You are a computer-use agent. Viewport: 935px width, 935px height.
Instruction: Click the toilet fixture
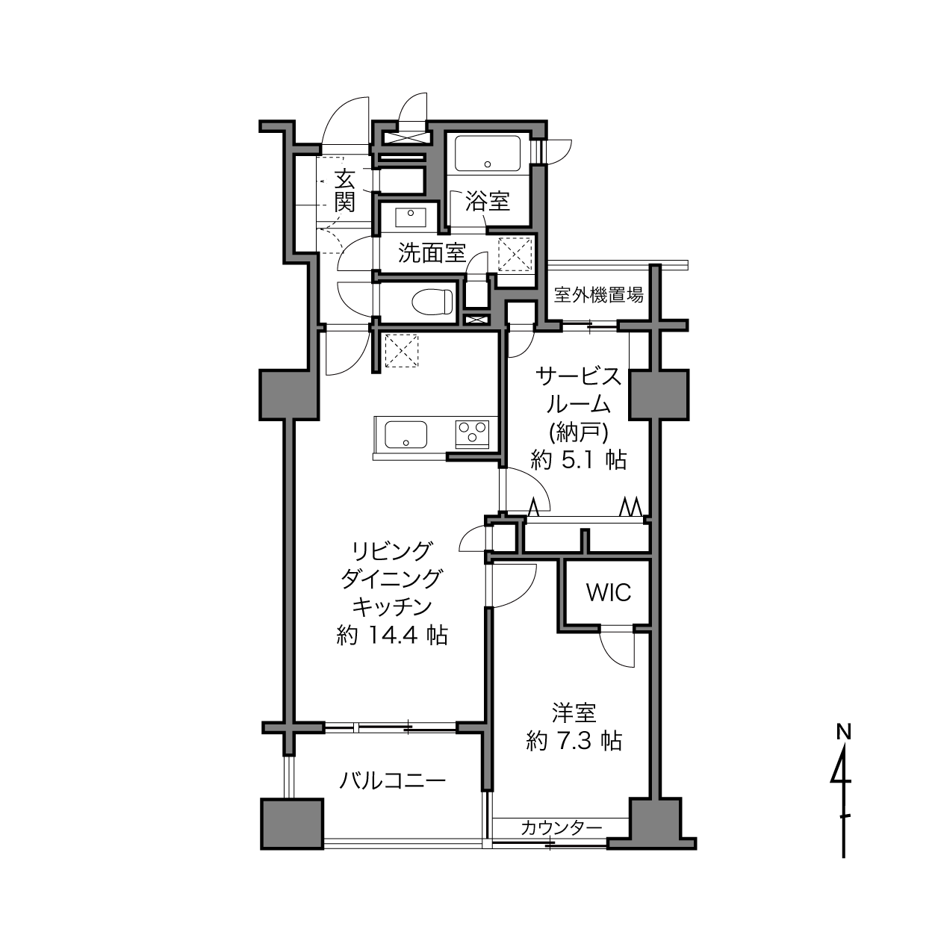pos(432,302)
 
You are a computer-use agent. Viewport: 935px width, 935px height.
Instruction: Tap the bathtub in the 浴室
pos(488,153)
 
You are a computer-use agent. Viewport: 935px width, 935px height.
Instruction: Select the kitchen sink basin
pos(406,434)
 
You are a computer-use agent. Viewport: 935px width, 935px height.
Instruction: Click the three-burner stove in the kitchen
pos(472,434)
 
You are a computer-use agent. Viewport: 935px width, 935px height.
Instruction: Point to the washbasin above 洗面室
pos(411,217)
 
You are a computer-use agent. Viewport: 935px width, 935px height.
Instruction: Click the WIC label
pos(609,592)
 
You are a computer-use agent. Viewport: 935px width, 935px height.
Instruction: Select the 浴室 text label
pos(487,202)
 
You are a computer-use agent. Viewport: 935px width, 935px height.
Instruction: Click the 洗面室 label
pos(432,252)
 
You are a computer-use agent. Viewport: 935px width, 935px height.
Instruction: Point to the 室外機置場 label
pos(599,294)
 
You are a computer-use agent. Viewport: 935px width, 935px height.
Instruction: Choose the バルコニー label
pos(391,780)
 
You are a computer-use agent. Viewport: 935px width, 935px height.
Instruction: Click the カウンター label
pos(562,827)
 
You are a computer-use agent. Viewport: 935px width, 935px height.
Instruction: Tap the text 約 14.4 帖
pos(391,635)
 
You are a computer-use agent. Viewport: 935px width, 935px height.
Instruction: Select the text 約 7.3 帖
pos(574,741)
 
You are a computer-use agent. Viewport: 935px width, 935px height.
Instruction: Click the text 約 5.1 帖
pos(578,459)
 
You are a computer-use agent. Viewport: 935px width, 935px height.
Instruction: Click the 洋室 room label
pos(574,712)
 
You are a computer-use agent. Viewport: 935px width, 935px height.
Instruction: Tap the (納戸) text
pos(578,432)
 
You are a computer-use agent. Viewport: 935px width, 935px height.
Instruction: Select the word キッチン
pos(392,606)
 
